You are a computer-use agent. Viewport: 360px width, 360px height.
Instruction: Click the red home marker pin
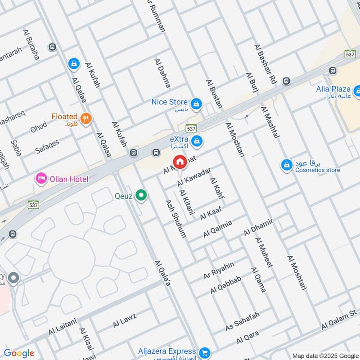pyautogui.click(x=180, y=162)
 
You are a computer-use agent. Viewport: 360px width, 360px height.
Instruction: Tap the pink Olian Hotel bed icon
pyautogui.click(x=41, y=179)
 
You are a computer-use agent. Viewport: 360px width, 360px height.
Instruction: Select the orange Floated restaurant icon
pyautogui.click(x=87, y=119)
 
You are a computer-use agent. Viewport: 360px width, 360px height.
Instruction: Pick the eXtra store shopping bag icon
pyautogui.click(x=196, y=142)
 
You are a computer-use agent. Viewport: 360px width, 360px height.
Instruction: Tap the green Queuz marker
pyautogui.click(x=142, y=195)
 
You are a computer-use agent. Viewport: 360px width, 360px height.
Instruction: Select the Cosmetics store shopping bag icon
pyautogui.click(x=286, y=166)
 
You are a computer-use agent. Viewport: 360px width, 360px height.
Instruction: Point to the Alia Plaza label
pyautogui.click(x=333, y=89)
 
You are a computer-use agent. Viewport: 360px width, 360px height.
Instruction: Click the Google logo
pyautogui.click(x=18, y=353)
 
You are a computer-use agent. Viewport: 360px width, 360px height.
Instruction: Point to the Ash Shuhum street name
pyautogui.click(x=175, y=219)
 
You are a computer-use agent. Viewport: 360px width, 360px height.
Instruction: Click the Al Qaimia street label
pyautogui.click(x=217, y=229)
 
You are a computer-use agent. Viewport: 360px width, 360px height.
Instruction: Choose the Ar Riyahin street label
pyautogui.click(x=219, y=270)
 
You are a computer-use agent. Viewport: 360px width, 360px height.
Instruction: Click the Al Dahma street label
pyautogui.click(x=162, y=73)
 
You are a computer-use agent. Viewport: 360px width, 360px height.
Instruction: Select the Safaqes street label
pyautogui.click(x=47, y=145)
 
